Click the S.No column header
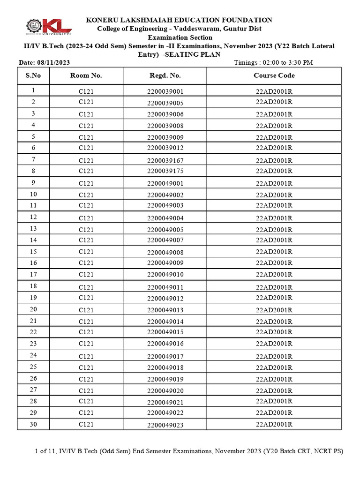[x=33, y=75]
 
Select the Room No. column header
[x=86, y=75]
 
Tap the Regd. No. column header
[x=165, y=75]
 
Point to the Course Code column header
[x=274, y=75]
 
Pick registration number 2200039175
[x=165, y=172]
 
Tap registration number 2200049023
[x=165, y=425]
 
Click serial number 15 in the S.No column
[x=33, y=252]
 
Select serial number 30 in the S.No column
[x=33, y=424]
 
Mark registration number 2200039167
[x=165, y=161]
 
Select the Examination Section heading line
[x=180, y=37]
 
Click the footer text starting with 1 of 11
[x=189, y=451]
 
